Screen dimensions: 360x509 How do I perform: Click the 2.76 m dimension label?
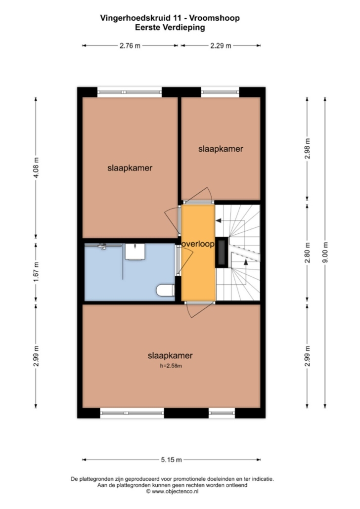click(x=130, y=46)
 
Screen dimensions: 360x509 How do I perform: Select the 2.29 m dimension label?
click(x=221, y=46)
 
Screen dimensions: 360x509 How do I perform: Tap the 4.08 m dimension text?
click(x=36, y=168)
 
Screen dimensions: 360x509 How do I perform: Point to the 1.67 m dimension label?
click(x=36, y=271)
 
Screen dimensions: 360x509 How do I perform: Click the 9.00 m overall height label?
click(x=325, y=253)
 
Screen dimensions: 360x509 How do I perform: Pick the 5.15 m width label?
click(x=171, y=460)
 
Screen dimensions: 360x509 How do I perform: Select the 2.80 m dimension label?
click(x=308, y=253)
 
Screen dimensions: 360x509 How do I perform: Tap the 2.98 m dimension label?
click(x=308, y=148)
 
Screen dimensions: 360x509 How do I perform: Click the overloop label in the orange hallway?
click(x=198, y=244)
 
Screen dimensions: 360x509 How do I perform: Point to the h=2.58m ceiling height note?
click(x=171, y=366)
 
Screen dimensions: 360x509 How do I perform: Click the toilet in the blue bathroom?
click(x=165, y=290)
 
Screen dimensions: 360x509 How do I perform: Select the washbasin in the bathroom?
click(x=135, y=252)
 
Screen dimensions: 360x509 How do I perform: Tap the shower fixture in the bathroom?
click(x=103, y=247)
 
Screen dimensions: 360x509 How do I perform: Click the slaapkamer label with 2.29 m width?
click(x=221, y=149)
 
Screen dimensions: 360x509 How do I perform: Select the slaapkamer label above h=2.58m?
click(x=170, y=355)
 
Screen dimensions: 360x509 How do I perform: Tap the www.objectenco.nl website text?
click(x=175, y=492)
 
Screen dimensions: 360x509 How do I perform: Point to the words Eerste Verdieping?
click(x=170, y=28)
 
